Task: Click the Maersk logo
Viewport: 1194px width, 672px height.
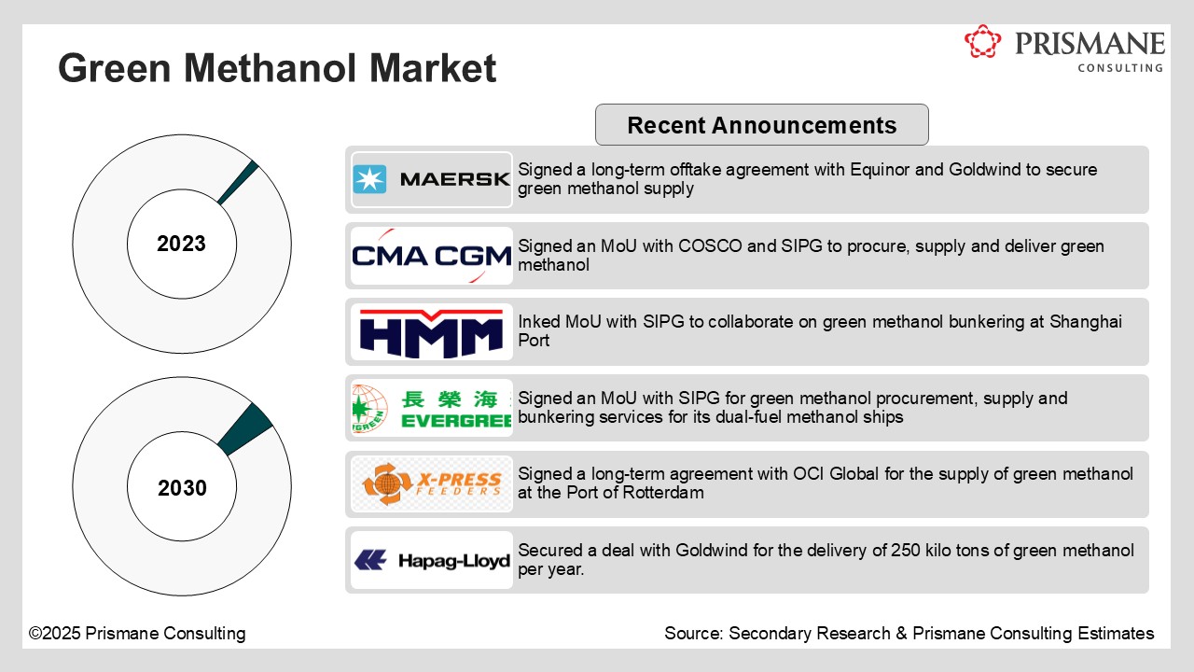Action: [432, 179]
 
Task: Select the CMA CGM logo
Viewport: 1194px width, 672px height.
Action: [432, 256]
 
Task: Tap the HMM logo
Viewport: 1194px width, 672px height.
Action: [432, 332]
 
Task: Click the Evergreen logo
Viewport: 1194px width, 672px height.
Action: [432, 409]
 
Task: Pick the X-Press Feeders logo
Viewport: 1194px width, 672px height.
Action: [432, 484]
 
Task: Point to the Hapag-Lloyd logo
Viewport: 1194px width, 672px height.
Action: [432, 561]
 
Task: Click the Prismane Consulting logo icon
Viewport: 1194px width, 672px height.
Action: [982, 42]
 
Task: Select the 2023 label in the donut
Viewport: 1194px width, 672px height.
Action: [182, 245]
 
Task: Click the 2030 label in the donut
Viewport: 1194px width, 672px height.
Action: [182, 489]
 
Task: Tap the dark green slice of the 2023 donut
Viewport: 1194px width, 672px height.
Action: [239, 182]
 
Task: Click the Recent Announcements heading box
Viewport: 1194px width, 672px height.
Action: [761, 125]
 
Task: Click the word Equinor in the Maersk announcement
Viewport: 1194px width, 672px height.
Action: [882, 170]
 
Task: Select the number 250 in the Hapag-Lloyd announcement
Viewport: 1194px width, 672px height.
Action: [902, 551]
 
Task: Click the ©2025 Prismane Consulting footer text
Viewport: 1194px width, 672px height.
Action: [137, 634]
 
